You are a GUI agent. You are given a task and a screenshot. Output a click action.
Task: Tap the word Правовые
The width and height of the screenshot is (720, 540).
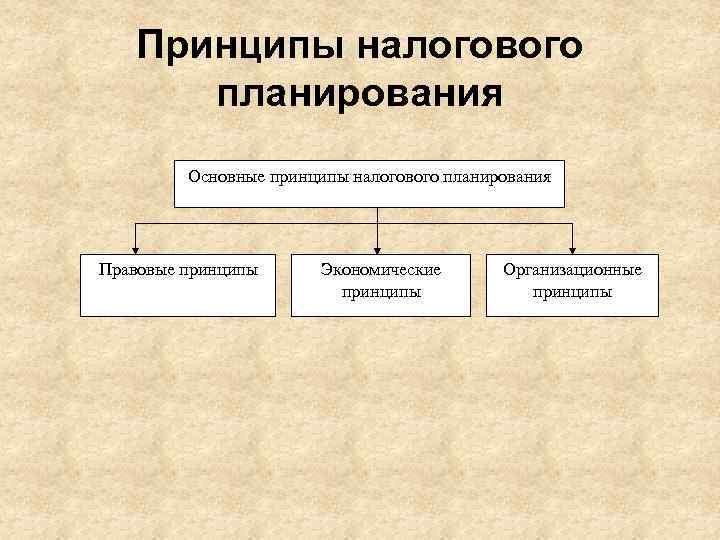point(134,269)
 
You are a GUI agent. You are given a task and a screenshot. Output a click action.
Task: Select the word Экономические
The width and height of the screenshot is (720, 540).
point(380,269)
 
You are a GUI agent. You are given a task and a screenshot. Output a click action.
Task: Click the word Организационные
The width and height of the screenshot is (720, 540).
point(572,269)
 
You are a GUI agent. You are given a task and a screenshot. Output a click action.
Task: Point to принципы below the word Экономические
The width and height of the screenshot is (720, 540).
point(380,292)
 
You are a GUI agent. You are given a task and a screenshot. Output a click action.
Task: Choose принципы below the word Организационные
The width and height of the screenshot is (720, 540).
point(572,292)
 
